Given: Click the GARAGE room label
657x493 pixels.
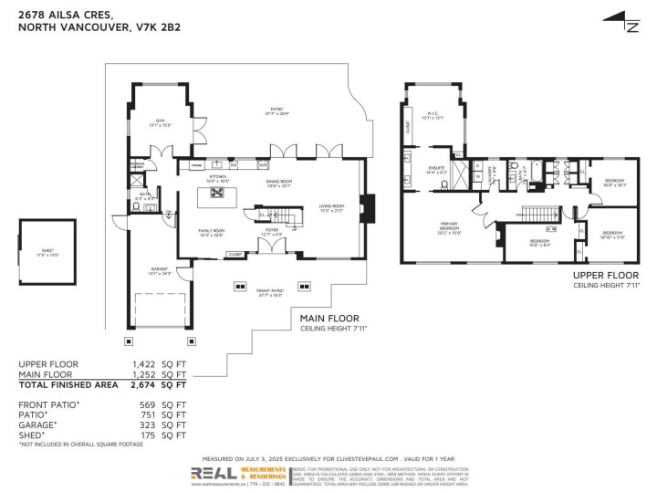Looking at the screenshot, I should coord(159,270).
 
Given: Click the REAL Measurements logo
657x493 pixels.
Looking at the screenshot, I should coord(239,474).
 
